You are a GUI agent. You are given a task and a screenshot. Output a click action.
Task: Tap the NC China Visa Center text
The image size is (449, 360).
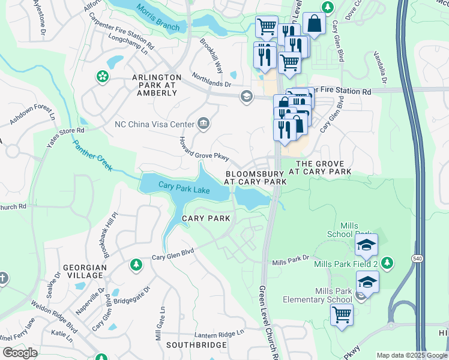(154, 125)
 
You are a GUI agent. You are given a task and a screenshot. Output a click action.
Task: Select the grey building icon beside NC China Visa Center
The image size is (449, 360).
(203, 124)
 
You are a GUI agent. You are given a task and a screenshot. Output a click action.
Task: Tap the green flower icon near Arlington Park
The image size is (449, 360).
(102, 76)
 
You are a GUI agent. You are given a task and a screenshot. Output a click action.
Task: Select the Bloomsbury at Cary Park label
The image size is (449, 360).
(256, 176)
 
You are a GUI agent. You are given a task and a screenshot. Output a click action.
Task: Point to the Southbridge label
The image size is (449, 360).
(196, 345)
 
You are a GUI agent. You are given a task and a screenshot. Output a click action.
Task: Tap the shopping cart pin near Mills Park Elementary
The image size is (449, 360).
(342, 314)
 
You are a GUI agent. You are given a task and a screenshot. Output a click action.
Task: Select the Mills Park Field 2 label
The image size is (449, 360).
(348, 263)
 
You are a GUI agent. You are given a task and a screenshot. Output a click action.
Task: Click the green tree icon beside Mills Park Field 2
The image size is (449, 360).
(387, 263)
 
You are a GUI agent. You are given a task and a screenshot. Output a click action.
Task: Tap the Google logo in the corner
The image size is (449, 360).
(20, 352)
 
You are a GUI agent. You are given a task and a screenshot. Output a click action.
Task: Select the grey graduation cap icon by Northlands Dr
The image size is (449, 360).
(246, 96)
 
